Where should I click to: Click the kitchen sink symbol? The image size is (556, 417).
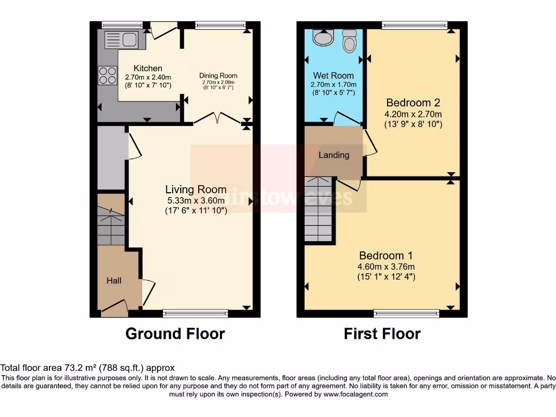(x=121, y=40)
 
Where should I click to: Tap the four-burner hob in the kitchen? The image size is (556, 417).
(x=107, y=75)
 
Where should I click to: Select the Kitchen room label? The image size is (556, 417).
(x=148, y=68)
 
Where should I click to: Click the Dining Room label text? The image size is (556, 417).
(x=218, y=75)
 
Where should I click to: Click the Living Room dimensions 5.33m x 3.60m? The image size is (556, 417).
(x=196, y=200)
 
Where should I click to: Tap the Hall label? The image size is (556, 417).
(x=114, y=281)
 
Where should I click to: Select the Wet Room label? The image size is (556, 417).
(x=333, y=75)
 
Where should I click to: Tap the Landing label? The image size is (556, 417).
(x=334, y=155)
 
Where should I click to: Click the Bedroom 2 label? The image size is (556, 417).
(x=413, y=103)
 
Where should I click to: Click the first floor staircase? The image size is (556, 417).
(x=318, y=209)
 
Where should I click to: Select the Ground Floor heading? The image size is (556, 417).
(x=175, y=333)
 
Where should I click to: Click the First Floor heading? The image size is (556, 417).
(x=382, y=333)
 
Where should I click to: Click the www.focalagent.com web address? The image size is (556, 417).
(x=356, y=394)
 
